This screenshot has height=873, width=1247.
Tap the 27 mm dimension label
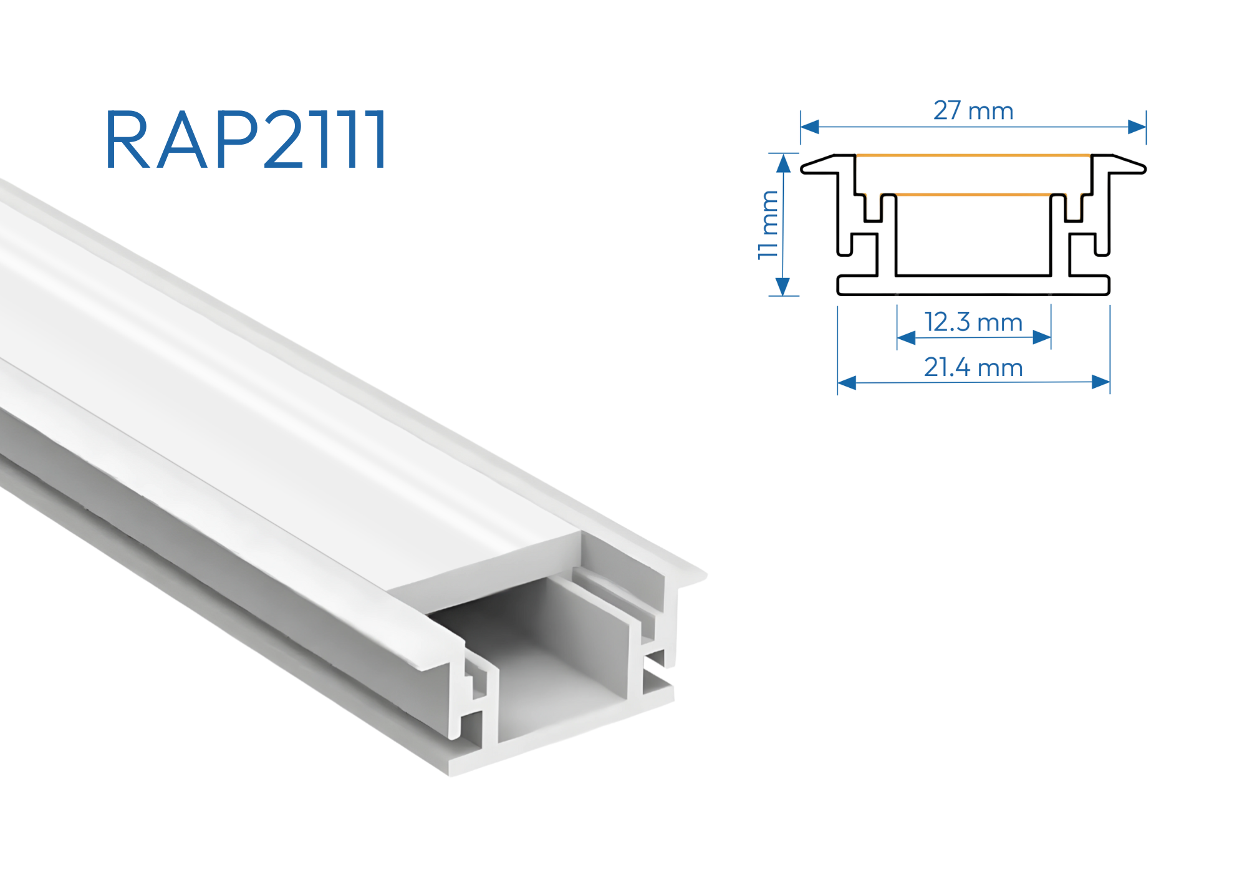[973, 110]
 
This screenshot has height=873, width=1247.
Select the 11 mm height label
[768, 224]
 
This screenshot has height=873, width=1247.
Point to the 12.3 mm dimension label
[973, 322]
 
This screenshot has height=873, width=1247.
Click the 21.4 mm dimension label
[973, 367]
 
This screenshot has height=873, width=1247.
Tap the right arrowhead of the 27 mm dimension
[1137, 127]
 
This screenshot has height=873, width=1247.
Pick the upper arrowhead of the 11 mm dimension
[783, 163]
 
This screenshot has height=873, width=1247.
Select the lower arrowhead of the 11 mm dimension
[783, 286]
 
